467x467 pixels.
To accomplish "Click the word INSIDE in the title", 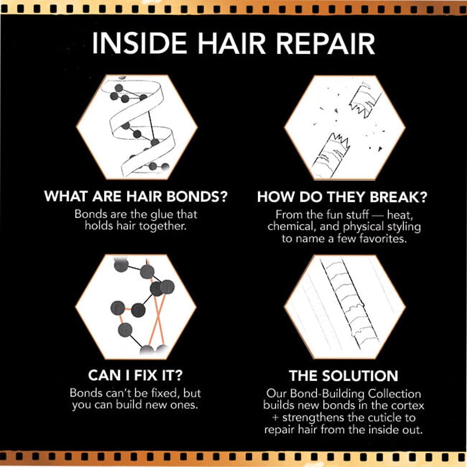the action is coord(139,43).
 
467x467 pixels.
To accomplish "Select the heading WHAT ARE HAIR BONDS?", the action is coord(136,197).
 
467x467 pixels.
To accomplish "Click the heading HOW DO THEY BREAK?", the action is coord(342,197).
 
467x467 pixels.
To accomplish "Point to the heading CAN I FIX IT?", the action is coord(135,375).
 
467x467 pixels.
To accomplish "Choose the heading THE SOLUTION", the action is coord(343,376).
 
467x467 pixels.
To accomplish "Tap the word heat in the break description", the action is coord(400,215).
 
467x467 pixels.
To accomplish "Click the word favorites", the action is coord(383,239).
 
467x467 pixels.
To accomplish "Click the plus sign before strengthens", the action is coord(276,417).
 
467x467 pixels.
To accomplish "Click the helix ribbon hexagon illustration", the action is coord(137,127).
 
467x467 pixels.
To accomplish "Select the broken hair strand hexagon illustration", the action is coord(345,127).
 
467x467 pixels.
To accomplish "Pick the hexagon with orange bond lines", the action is coord(136,307).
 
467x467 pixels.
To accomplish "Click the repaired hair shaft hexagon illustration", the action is coord(345,307).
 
